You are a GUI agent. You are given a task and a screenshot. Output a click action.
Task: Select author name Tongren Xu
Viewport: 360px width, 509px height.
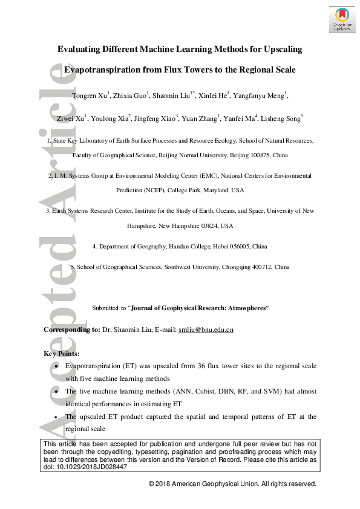88,96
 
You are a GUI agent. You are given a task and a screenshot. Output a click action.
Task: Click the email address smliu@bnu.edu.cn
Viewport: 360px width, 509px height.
205,329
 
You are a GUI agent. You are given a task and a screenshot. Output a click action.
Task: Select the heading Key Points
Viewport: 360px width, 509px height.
62,354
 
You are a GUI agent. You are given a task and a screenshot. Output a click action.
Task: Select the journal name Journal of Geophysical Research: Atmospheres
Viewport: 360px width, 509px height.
198,308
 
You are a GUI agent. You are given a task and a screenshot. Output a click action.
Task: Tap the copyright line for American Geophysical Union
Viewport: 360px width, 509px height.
232,484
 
